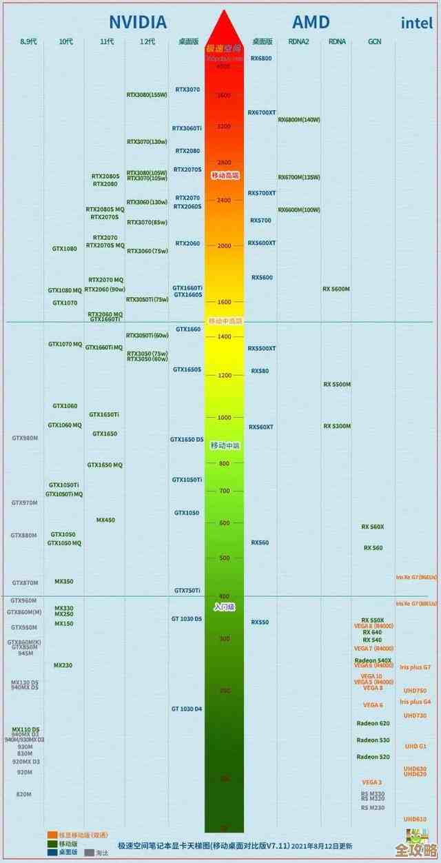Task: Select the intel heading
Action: pos(418,23)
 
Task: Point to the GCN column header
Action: pos(375,41)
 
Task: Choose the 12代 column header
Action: pos(147,41)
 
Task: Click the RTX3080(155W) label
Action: pos(147,94)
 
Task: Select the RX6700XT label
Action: pos(262,112)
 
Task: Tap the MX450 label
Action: pos(105,520)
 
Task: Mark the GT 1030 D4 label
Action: pos(187,709)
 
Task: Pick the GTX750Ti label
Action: pos(187,591)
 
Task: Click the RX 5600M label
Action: pos(336,289)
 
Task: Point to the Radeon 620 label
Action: pos(373,723)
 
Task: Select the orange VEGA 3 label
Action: pos(371,782)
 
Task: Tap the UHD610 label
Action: pos(415,819)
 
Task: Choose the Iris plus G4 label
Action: pos(415,702)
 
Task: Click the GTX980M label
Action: pos(25,438)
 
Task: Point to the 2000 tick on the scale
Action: pos(224,245)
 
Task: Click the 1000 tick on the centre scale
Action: pos(224,418)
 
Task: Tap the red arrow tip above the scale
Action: pos(224,14)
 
